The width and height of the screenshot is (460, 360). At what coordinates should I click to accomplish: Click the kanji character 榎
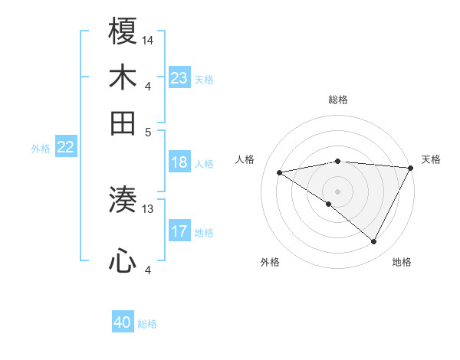pyautogui.click(x=123, y=32)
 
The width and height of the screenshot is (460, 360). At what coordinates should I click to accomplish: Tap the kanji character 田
pyautogui.click(x=123, y=122)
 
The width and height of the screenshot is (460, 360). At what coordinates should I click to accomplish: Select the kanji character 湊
pyautogui.click(x=123, y=200)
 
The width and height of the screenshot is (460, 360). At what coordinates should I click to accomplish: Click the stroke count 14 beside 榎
pyautogui.click(x=148, y=40)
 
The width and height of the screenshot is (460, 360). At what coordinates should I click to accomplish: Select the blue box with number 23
pyautogui.click(x=179, y=78)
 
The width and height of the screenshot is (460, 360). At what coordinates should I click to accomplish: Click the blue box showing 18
pyautogui.click(x=179, y=162)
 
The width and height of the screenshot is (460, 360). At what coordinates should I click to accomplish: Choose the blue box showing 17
pyautogui.click(x=179, y=231)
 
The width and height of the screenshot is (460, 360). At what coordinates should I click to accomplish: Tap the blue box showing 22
pyautogui.click(x=65, y=148)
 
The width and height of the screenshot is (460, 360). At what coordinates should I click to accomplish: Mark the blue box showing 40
pyautogui.click(x=123, y=323)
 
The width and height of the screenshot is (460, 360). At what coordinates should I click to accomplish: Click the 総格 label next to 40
pyautogui.click(x=148, y=324)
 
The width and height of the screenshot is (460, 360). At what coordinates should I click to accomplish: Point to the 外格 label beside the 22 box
pyautogui.click(x=40, y=149)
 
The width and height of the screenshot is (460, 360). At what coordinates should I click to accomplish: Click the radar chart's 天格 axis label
pyautogui.click(x=431, y=159)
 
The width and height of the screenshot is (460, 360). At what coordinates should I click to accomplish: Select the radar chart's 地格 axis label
pyautogui.click(x=402, y=262)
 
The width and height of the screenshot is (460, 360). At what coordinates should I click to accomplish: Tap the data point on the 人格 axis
pyautogui.click(x=280, y=172)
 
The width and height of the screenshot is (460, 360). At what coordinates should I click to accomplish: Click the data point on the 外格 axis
pyautogui.click(x=329, y=204)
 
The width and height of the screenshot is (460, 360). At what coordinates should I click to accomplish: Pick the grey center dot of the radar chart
pyautogui.click(x=337, y=190)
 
